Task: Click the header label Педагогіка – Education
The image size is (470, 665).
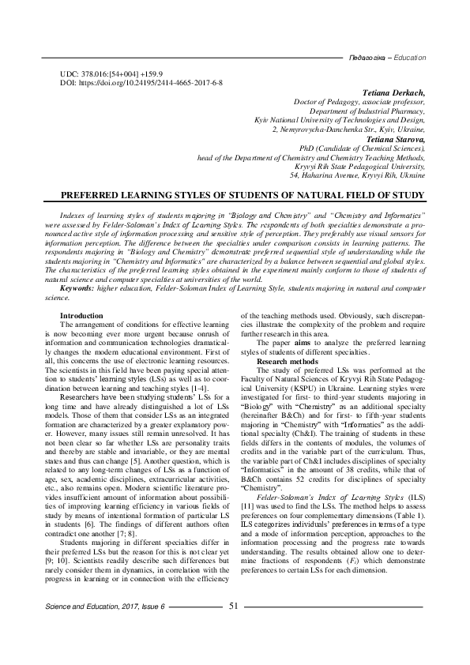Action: point(387,58)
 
